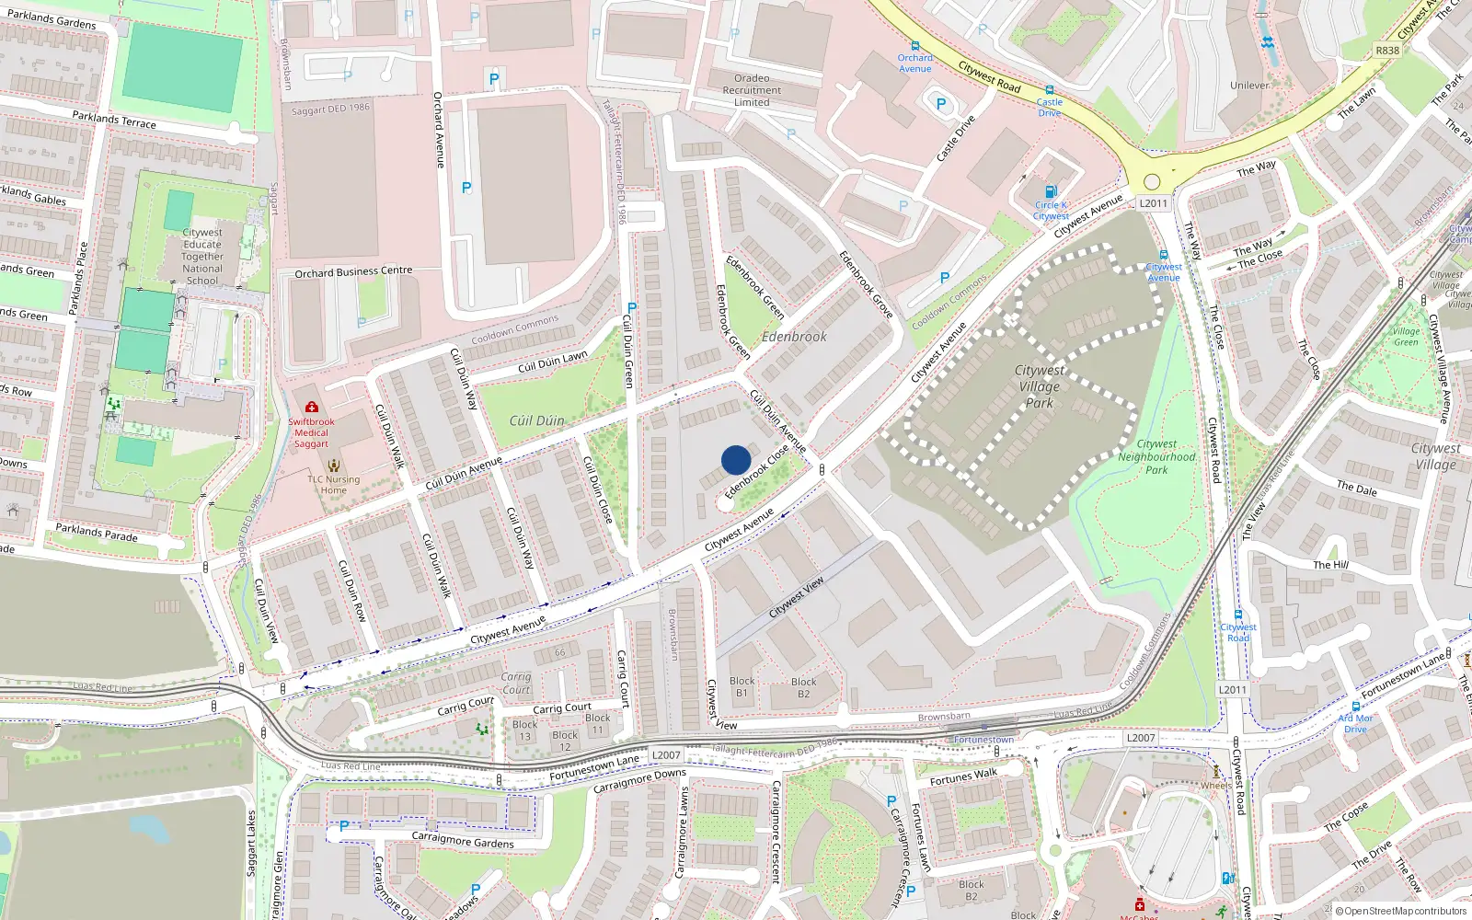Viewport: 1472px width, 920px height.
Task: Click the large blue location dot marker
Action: click(736, 460)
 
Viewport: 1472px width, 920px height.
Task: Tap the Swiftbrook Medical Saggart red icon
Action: click(312, 407)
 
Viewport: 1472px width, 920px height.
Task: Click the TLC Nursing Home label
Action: click(334, 485)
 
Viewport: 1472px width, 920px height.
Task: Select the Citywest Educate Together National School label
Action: click(202, 257)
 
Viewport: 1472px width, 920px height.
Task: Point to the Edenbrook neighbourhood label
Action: click(794, 337)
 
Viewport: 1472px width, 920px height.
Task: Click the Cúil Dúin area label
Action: click(536, 420)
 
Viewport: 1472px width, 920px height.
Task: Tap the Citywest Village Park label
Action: click(1040, 386)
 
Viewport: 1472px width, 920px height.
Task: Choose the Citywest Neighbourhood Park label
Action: click(1156, 456)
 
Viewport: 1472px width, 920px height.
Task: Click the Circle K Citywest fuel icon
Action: click(1052, 192)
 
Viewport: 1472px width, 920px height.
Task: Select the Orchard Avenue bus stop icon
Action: click(914, 46)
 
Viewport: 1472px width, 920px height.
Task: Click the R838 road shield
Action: click(1387, 51)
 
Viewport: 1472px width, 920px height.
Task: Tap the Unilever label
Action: click(1249, 86)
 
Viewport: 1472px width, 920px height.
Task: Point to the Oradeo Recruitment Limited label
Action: click(752, 90)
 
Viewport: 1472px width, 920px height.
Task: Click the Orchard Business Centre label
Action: click(353, 272)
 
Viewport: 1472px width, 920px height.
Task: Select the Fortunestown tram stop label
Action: click(983, 740)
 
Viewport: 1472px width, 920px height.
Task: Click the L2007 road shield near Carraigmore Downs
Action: click(666, 755)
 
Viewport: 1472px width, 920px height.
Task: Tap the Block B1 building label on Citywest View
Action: click(742, 687)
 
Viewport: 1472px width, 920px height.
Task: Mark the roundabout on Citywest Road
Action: click(1152, 181)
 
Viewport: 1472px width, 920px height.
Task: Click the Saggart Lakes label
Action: click(251, 844)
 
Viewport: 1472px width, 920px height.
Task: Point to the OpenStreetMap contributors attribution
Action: click(1401, 912)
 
